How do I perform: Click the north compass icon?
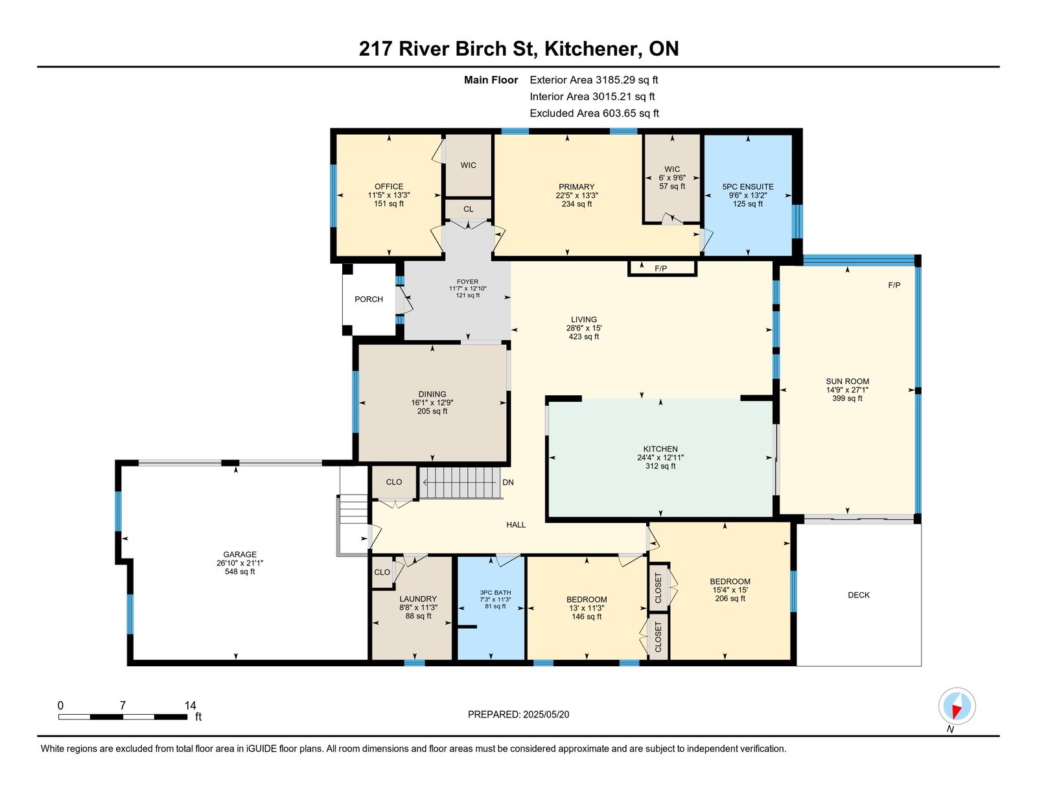(x=957, y=706)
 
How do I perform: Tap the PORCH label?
(x=368, y=299)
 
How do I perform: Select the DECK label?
(x=859, y=595)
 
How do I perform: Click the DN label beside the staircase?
(x=507, y=482)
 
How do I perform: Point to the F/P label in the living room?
(x=660, y=268)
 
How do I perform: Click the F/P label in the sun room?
(x=894, y=285)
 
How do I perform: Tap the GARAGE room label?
(x=240, y=554)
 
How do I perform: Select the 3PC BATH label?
(x=495, y=592)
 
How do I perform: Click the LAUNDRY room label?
(x=418, y=599)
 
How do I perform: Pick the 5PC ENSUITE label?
(x=748, y=187)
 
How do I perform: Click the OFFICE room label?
(x=388, y=187)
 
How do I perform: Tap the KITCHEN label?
(x=660, y=449)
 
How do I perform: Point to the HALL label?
(x=516, y=525)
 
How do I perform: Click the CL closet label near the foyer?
(x=468, y=209)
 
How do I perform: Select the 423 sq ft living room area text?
(x=584, y=336)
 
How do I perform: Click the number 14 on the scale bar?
(x=191, y=706)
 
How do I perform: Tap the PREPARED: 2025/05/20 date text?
(x=518, y=714)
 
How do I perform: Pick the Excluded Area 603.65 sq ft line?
(x=594, y=113)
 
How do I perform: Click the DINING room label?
(x=432, y=394)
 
